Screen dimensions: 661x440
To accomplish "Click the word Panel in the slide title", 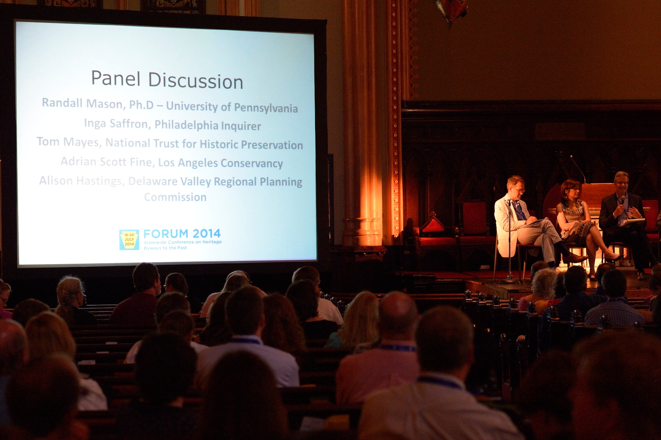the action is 116,78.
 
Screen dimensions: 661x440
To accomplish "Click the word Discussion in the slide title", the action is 196,81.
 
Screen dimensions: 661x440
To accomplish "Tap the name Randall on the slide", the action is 62,103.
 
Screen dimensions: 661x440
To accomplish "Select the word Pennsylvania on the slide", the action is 266,108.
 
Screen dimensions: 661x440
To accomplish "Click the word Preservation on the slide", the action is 272,145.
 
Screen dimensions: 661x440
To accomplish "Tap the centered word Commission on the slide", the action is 175,197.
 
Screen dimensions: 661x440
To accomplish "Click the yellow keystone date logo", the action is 129,240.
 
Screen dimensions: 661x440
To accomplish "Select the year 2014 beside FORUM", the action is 206,234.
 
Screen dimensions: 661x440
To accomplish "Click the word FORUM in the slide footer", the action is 166,234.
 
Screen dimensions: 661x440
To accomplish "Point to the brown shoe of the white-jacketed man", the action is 575,258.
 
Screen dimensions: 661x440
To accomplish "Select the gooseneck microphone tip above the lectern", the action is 571,157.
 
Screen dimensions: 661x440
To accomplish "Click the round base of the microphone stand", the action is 509,281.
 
